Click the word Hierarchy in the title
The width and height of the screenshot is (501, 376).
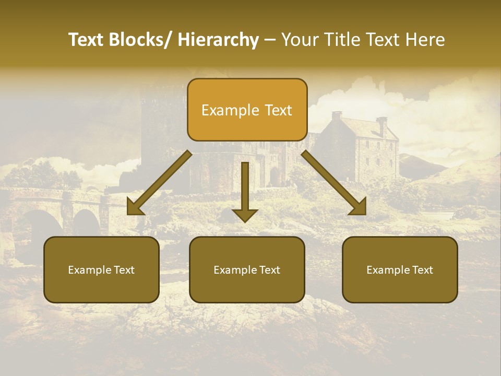218,40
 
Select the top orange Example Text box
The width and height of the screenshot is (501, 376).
247,110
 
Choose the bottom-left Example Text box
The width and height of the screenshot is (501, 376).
101,270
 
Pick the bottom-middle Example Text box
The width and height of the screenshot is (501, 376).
247,270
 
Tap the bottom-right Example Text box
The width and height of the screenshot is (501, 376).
400,270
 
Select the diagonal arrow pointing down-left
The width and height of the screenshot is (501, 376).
159,183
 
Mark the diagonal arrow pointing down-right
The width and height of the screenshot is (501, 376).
334,183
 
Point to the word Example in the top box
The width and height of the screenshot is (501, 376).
223,110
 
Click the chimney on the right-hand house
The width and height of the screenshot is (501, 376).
381,125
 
